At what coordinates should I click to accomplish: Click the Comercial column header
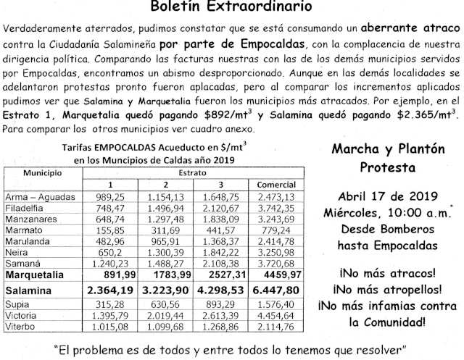[x=270, y=184]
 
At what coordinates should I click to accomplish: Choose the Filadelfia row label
[x=28, y=206]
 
